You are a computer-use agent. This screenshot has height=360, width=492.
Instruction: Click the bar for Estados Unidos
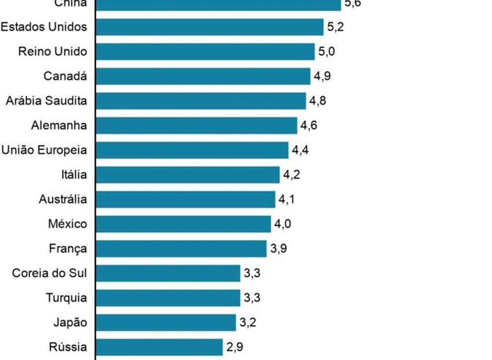pyautogui.click(x=210, y=27)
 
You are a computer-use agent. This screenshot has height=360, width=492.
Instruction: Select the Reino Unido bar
pyautogui.click(x=205, y=52)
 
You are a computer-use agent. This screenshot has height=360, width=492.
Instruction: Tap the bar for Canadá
pyautogui.click(x=203, y=76)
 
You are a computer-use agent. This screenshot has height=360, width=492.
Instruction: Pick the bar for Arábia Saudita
pyautogui.click(x=201, y=101)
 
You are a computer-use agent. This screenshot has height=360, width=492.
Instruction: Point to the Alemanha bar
pyautogui.click(x=196, y=126)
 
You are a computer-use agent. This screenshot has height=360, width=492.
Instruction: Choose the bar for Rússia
pyautogui.click(x=159, y=347)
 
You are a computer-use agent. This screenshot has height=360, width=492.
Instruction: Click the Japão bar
pyautogui.click(x=166, y=323)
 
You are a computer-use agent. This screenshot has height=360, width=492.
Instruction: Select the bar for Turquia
pyautogui.click(x=168, y=298)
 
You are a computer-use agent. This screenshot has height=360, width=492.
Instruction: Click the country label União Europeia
pyautogui.click(x=44, y=150)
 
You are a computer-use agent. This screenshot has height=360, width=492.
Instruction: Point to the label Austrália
pyautogui.click(x=63, y=199)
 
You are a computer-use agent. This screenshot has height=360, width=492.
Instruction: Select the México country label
pyautogui.click(x=67, y=224)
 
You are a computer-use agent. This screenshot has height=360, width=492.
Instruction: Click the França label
pyautogui.click(x=68, y=249)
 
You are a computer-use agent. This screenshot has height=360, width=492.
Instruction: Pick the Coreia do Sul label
pyautogui.click(x=50, y=273)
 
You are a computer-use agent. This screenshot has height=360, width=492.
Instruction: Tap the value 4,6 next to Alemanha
pyautogui.click(x=309, y=126)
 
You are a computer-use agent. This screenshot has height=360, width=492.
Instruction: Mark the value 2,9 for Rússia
pyautogui.click(x=235, y=347)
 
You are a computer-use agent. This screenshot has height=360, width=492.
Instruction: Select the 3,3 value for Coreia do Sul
pyautogui.click(x=252, y=273)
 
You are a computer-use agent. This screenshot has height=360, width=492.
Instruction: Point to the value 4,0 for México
pyautogui.click(x=282, y=224)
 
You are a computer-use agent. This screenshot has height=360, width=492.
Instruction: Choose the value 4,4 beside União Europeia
pyautogui.click(x=300, y=150)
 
